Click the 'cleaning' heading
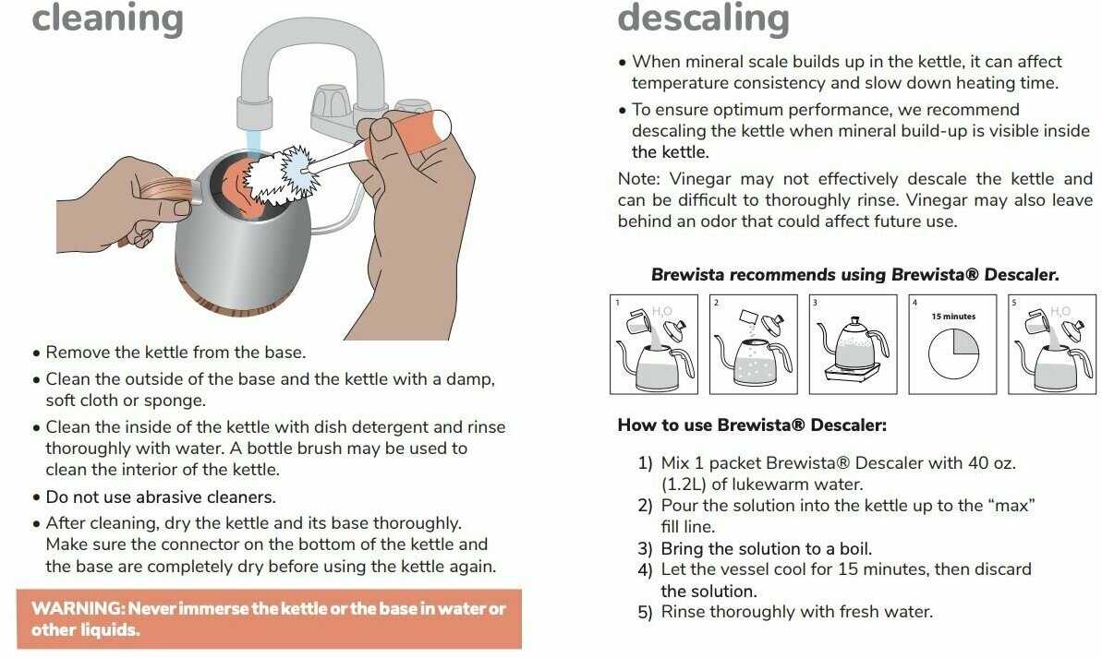(x=107, y=18)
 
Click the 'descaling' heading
(x=704, y=18)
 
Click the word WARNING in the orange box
(x=78, y=608)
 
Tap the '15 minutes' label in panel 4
(x=953, y=316)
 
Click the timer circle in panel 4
(x=953, y=354)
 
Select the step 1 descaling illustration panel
(x=654, y=344)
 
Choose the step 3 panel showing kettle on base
(x=854, y=344)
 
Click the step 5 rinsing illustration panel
(x=1052, y=344)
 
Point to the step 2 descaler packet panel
(x=754, y=344)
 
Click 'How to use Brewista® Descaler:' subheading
(x=752, y=425)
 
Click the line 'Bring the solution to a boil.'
(x=766, y=548)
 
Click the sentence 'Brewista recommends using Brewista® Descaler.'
(x=854, y=275)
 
